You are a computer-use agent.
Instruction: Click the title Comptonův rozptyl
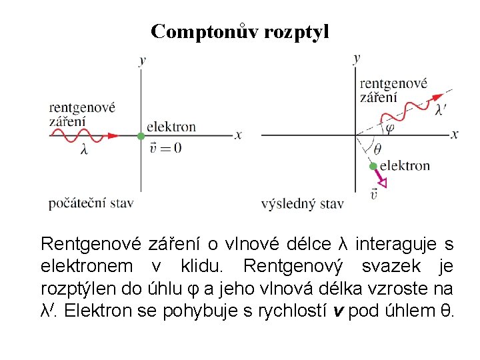239,31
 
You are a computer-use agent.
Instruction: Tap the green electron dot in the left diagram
141,136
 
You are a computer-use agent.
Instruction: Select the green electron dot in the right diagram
374,166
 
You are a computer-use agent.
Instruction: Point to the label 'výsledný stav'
302,203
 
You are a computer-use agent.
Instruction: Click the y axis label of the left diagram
142,61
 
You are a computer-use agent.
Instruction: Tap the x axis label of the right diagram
455,135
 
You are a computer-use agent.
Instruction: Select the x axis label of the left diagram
238,135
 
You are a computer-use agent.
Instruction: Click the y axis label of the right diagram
357,58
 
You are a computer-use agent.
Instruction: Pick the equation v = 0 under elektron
164,148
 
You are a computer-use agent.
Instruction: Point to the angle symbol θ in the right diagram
378,149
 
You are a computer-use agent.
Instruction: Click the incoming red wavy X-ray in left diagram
83,135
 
